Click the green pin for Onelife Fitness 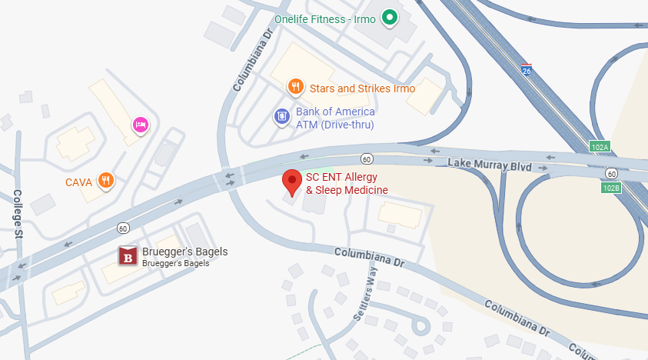tap(390, 16)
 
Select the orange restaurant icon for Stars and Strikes tap(295, 87)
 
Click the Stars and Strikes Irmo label tap(362, 88)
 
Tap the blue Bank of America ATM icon tap(282, 117)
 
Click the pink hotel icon tap(140, 124)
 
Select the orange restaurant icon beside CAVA tap(107, 181)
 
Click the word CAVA tap(78, 182)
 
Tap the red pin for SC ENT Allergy tap(292, 182)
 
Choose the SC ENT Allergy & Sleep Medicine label tap(347, 183)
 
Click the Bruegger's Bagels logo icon tap(128, 256)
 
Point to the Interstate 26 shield tap(526, 70)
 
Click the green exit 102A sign tap(600, 147)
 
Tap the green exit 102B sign tap(610, 188)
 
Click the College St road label tap(18, 215)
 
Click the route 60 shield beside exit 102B tap(610, 173)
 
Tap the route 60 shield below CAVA tap(123, 228)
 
